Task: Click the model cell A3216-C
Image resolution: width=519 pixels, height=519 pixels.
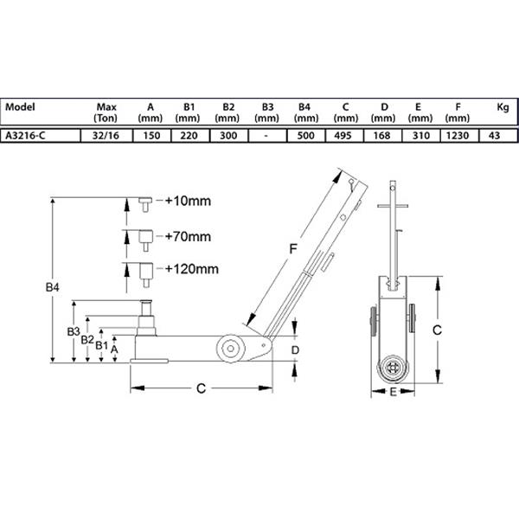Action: click(25, 136)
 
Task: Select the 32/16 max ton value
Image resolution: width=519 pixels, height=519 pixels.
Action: click(106, 136)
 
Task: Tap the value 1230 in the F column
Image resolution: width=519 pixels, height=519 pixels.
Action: click(458, 136)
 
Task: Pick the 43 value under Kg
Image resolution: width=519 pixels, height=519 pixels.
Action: click(494, 136)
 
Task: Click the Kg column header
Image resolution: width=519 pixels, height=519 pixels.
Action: click(503, 107)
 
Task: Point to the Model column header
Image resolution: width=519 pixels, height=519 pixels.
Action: click(20, 107)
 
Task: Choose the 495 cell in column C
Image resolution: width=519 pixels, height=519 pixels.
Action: click(343, 136)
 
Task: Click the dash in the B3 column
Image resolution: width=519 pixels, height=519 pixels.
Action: click(266, 136)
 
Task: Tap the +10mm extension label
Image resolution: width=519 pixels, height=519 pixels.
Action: click(188, 201)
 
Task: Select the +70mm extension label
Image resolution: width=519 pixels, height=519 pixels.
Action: click(188, 237)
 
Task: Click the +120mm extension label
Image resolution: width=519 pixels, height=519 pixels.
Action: click(192, 269)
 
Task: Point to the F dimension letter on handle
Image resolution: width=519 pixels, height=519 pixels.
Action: click(293, 249)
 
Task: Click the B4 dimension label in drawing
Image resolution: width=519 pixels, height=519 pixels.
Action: click(52, 287)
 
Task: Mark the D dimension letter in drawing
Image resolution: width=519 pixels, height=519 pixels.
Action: click(295, 349)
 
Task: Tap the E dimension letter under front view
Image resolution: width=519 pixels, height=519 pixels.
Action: click(393, 392)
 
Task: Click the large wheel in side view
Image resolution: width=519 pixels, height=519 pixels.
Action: click(231, 349)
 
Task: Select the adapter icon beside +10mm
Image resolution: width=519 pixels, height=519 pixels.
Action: click(145, 204)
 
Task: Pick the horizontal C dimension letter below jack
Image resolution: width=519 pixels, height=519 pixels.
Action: click(201, 388)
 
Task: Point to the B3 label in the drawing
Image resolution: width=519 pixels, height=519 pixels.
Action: click(74, 331)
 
